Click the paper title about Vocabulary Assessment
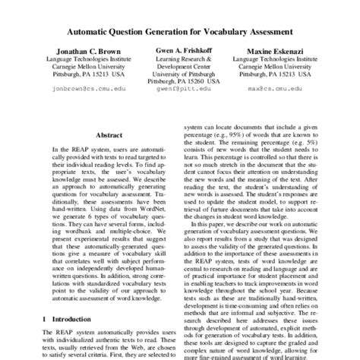click(180, 33)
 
